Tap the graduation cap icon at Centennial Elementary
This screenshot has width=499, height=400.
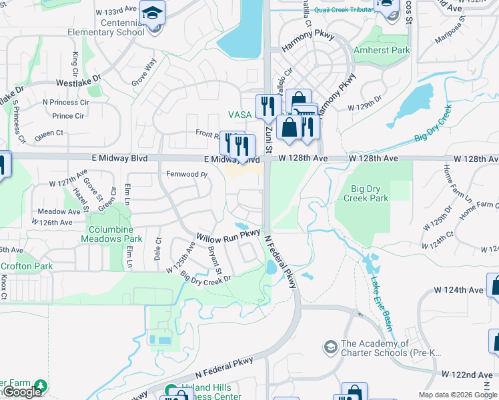point(153,13)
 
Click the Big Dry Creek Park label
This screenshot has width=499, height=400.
point(365,193)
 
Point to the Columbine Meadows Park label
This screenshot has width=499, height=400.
point(115,234)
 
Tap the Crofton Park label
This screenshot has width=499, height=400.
point(27,266)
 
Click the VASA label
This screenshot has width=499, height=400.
point(239,115)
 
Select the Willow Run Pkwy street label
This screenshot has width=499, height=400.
point(227,235)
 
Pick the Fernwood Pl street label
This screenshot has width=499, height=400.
point(187,174)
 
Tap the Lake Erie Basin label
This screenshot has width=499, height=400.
point(381,303)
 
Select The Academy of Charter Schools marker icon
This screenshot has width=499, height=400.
point(330,347)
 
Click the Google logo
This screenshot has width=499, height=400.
point(21,393)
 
